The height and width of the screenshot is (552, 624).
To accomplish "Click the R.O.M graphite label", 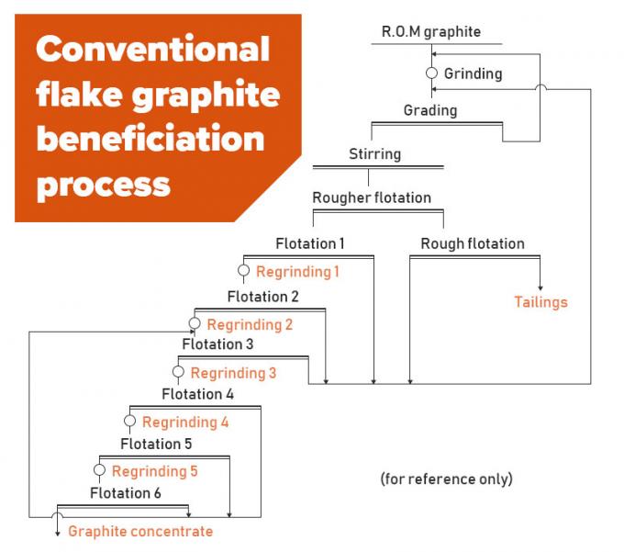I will tap(430, 32).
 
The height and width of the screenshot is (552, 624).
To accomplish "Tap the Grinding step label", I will tap(474, 73).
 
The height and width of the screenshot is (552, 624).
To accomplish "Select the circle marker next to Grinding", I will tap(431, 73).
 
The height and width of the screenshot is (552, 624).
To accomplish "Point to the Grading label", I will tap(429, 111).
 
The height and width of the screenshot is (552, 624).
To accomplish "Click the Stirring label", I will tap(374, 153).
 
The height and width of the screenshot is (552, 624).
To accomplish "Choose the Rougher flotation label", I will tap(371, 197).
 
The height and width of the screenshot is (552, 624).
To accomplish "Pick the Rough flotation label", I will tap(473, 243).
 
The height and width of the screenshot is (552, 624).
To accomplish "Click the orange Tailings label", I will tap(540, 302).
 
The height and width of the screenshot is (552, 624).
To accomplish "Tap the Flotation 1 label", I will tap(310, 243).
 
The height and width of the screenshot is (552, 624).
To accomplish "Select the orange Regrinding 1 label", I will tap(297, 272).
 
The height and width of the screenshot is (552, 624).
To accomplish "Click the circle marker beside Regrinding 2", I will tap(195, 324).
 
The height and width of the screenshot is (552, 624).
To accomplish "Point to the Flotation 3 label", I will tap(217, 344).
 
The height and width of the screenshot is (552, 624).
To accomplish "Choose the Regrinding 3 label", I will tap(233, 373).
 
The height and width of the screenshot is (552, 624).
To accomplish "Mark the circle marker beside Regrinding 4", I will tap(129, 422).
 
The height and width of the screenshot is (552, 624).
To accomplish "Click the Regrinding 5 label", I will tap(154, 471).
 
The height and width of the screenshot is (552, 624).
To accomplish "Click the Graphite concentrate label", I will tap(139, 531).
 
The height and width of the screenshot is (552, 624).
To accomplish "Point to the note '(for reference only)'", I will tap(446, 479).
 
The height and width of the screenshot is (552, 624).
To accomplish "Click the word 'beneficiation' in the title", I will tap(150, 139).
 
